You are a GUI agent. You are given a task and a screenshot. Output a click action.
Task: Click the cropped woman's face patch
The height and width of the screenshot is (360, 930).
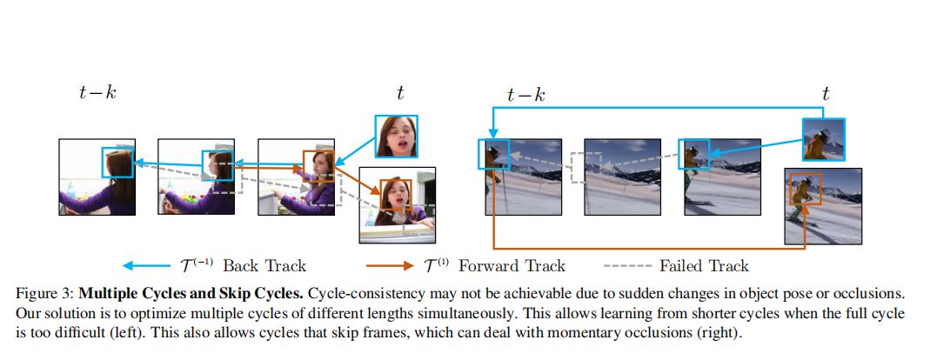(397, 136)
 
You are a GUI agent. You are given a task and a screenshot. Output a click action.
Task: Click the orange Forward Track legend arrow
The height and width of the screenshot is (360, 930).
(387, 265)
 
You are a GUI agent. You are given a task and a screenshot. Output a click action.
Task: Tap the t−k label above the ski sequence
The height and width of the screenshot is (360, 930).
(526, 95)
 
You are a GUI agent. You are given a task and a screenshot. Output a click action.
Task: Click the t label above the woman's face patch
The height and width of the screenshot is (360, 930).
(399, 92)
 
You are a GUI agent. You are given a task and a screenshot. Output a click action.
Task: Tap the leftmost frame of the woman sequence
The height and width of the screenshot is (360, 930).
(97, 177)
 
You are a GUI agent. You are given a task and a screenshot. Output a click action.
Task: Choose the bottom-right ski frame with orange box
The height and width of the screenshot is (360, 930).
(823, 207)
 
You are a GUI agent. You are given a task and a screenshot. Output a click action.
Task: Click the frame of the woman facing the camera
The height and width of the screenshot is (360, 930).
(398, 206)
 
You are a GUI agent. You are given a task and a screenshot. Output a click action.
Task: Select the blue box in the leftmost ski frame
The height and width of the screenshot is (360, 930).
(492, 154)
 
